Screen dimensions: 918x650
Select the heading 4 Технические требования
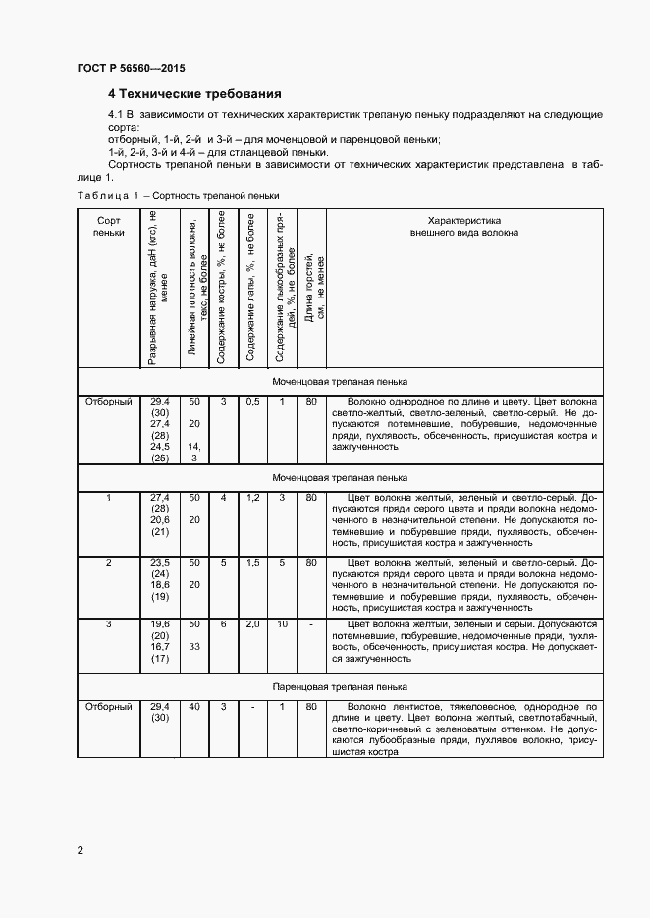[194, 94]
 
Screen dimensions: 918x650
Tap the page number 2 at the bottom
[80, 850]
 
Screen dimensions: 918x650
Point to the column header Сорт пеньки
[109, 228]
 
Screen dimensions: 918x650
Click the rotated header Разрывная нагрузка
[159, 289]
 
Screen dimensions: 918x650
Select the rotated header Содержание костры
[223, 289]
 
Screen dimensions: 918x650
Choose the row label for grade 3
[109, 624]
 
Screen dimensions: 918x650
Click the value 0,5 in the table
[252, 402]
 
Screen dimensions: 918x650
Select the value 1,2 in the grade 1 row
[252, 498]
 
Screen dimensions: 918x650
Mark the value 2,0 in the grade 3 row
[252, 624]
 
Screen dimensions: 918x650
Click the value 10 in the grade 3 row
[282, 624]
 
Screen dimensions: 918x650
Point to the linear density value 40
[194, 707]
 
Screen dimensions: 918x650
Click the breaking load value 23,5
[159, 562]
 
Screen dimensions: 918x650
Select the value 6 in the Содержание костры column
[223, 624]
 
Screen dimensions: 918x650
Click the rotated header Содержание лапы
[252, 289]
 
